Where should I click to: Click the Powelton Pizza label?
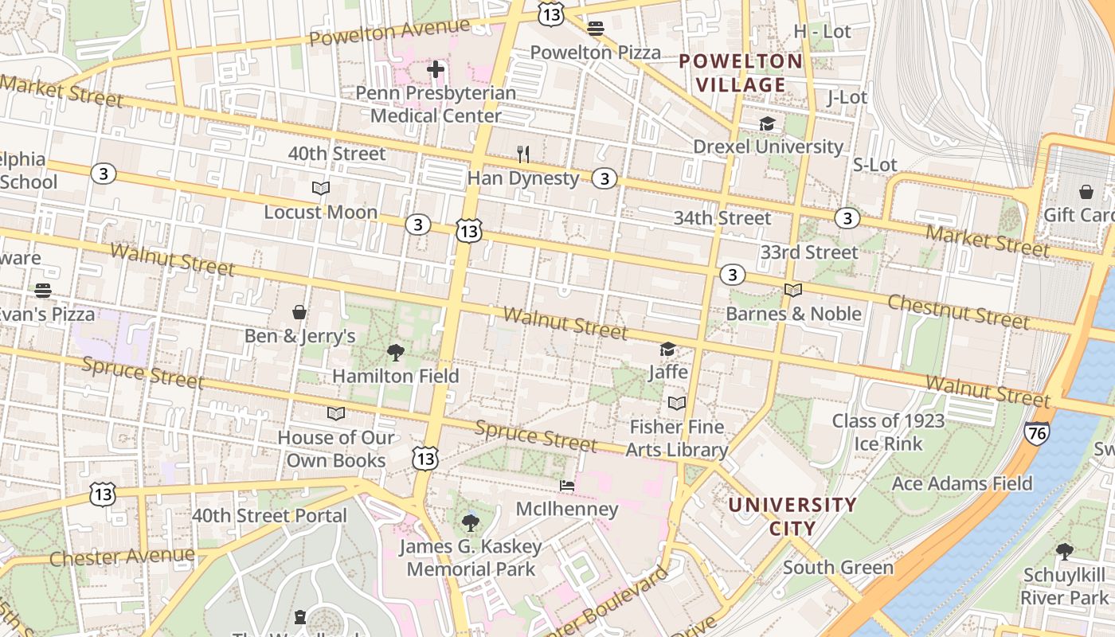pos(596,53)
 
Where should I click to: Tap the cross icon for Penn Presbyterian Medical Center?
pos(436,69)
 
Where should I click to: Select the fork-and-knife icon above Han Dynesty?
pos(523,154)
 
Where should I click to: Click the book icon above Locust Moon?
pos(321,189)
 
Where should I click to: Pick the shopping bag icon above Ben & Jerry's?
pos(299,312)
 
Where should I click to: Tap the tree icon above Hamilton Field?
pos(395,352)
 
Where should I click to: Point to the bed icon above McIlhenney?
pos(567,485)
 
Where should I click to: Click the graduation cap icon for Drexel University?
pos(767,123)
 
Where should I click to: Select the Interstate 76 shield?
pos(1036,432)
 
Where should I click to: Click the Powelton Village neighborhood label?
pos(741,72)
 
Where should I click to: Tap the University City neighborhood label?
pos(792,516)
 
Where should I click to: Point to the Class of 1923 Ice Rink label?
pos(888,432)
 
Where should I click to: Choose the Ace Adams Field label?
pos(961,483)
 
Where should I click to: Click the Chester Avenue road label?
pos(122,556)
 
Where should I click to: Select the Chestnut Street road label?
pos(958,311)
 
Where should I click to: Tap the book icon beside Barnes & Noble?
pos(793,290)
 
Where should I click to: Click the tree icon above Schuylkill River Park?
pos(1064,551)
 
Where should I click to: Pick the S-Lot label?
pos(874,165)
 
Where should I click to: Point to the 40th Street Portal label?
pos(269,515)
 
